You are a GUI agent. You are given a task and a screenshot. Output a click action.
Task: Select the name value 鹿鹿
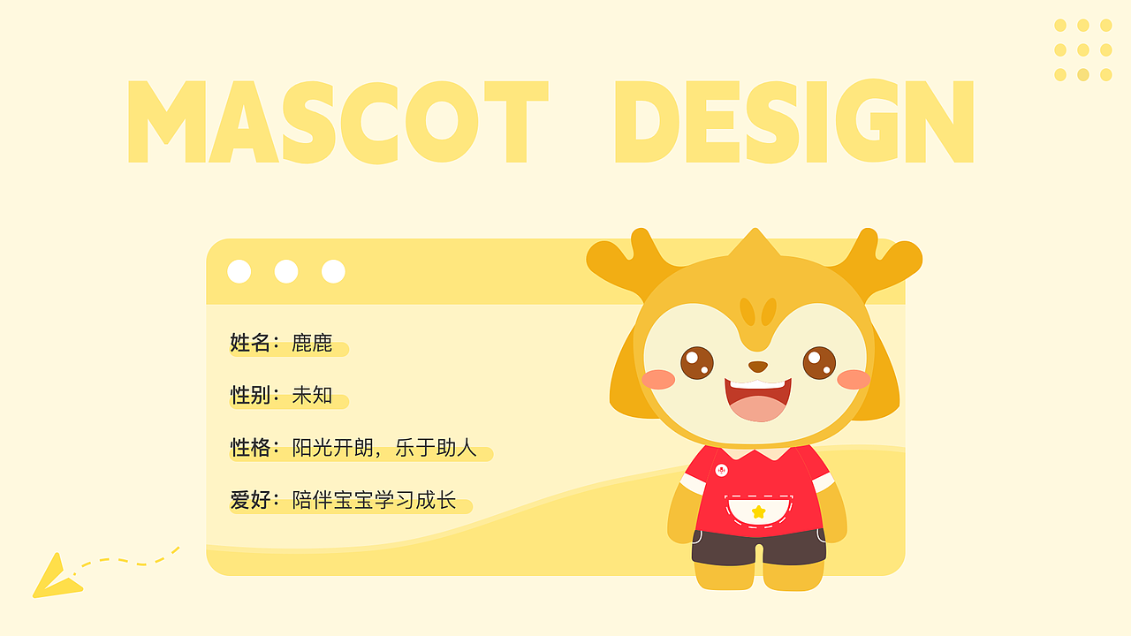pos(312,343)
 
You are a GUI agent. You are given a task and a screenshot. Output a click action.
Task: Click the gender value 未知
pos(312,395)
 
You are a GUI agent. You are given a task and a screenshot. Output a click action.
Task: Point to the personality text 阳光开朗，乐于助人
pos(384,448)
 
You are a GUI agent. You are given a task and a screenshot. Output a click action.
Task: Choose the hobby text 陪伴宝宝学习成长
pos(374,500)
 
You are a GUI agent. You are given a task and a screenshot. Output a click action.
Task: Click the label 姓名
pos(248,343)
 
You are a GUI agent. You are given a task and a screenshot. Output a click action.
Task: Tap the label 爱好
pos(248,500)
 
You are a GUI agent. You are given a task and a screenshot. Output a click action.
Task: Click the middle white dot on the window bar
pos(286,271)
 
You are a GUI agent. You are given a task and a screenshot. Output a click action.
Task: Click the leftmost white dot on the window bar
pos(239,271)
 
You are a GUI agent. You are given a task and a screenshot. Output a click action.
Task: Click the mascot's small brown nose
pos(758,366)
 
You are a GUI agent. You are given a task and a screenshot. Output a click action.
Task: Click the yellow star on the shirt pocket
pos(758,511)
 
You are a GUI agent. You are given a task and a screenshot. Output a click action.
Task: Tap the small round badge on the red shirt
pos(721,470)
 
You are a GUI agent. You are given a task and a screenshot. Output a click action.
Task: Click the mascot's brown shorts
pos(758,547)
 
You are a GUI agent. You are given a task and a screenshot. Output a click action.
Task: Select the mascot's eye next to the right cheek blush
pos(819,362)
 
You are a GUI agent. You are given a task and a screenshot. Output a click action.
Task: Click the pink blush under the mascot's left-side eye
pos(658,380)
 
